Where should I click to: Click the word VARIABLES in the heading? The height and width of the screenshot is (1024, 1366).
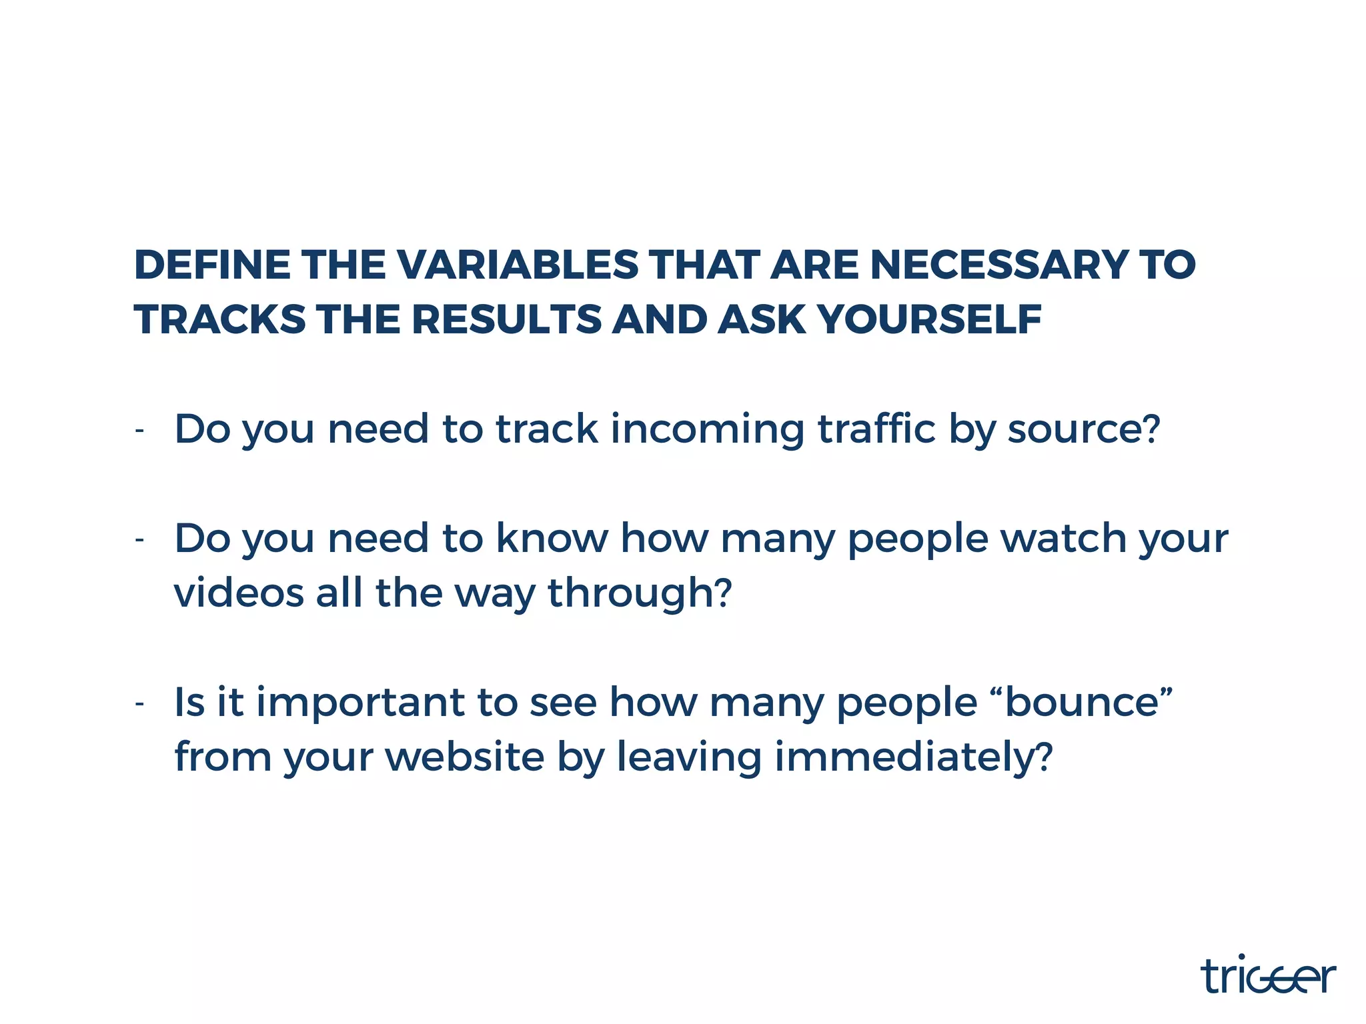pos(518,265)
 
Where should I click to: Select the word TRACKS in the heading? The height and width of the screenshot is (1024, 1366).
pos(219,319)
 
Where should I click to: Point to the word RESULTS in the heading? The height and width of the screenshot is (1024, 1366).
pos(506,319)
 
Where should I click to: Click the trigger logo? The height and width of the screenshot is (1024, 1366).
pos(1268,975)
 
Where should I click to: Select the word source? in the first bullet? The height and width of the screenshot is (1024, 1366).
pos(1084,430)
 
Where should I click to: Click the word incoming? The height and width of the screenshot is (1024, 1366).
pos(707,430)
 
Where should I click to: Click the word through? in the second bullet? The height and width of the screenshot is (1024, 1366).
pos(640,593)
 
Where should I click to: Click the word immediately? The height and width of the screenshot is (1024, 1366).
pos(913,758)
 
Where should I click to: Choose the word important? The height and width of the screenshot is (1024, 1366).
pos(360,703)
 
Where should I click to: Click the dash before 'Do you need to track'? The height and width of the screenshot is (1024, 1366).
pos(139,430)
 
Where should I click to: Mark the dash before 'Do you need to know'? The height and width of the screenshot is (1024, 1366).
pos(139,539)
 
